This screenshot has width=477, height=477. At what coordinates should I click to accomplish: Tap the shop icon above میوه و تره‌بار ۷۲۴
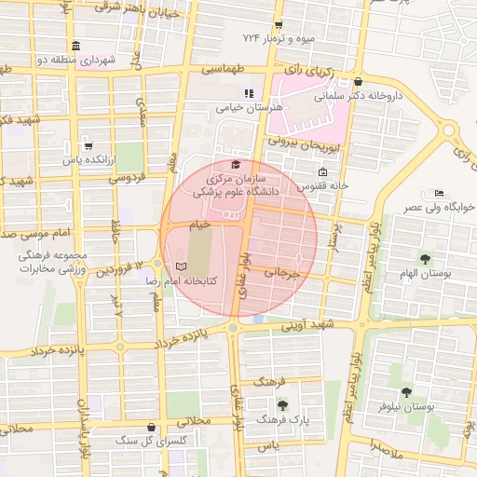(x=290, y=24)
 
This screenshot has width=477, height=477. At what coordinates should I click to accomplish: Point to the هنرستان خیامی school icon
(x=249, y=93)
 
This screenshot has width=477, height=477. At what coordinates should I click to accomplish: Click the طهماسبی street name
(x=223, y=70)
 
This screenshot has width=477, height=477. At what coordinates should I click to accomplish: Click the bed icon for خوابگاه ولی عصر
(x=439, y=193)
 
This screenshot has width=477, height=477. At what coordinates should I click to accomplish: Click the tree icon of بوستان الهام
(x=425, y=259)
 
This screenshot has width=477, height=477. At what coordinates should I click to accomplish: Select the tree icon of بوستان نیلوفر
(x=406, y=393)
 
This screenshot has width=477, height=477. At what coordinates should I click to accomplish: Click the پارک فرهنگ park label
(x=311, y=420)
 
